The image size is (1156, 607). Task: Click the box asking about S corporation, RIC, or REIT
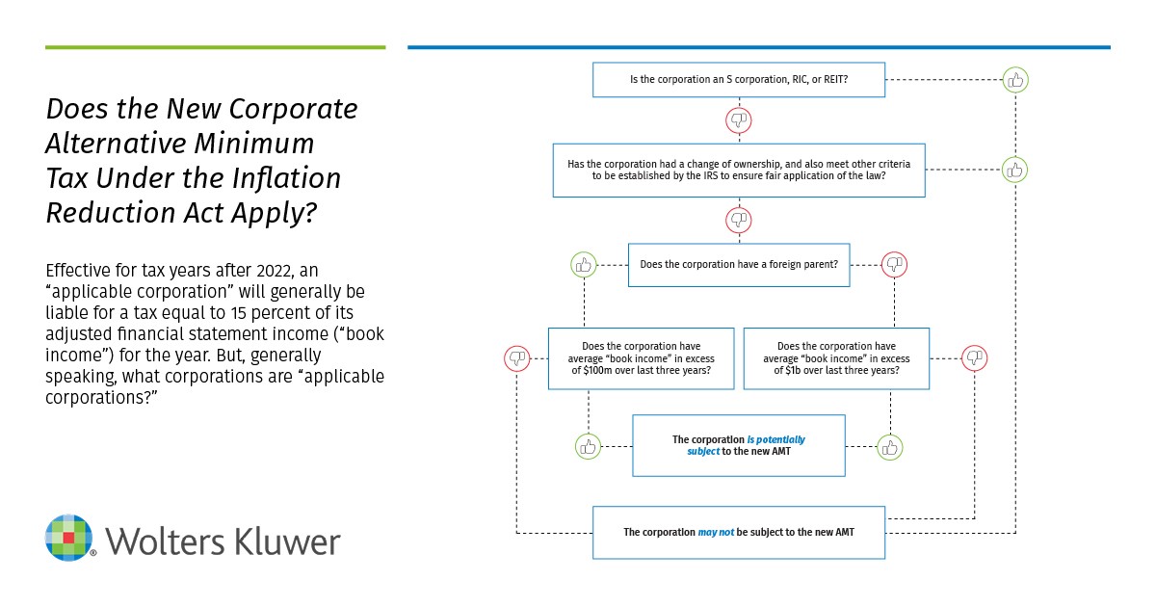(x=738, y=80)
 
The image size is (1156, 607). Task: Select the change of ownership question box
(x=738, y=171)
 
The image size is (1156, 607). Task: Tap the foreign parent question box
(x=739, y=264)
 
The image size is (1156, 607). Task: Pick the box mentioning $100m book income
(x=641, y=358)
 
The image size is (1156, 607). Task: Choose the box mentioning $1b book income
(x=836, y=358)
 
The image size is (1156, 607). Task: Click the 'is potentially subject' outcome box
(x=738, y=445)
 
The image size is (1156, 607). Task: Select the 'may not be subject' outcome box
(x=738, y=532)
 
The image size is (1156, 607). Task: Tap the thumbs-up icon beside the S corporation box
(x=1014, y=80)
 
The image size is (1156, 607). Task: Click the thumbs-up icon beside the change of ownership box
(x=1014, y=171)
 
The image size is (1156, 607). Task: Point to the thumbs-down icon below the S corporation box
(x=738, y=120)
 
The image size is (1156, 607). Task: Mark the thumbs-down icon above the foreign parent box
(x=738, y=220)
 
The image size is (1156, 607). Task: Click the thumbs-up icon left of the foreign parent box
(x=584, y=263)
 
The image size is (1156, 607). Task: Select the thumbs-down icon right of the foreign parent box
(x=894, y=263)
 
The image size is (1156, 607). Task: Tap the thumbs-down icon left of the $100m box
(x=517, y=358)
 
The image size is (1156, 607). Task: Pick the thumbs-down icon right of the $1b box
(x=975, y=358)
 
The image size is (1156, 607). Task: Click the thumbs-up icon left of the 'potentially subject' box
(x=588, y=446)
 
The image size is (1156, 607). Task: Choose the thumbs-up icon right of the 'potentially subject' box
(x=890, y=446)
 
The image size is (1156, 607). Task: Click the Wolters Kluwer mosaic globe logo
(x=70, y=539)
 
